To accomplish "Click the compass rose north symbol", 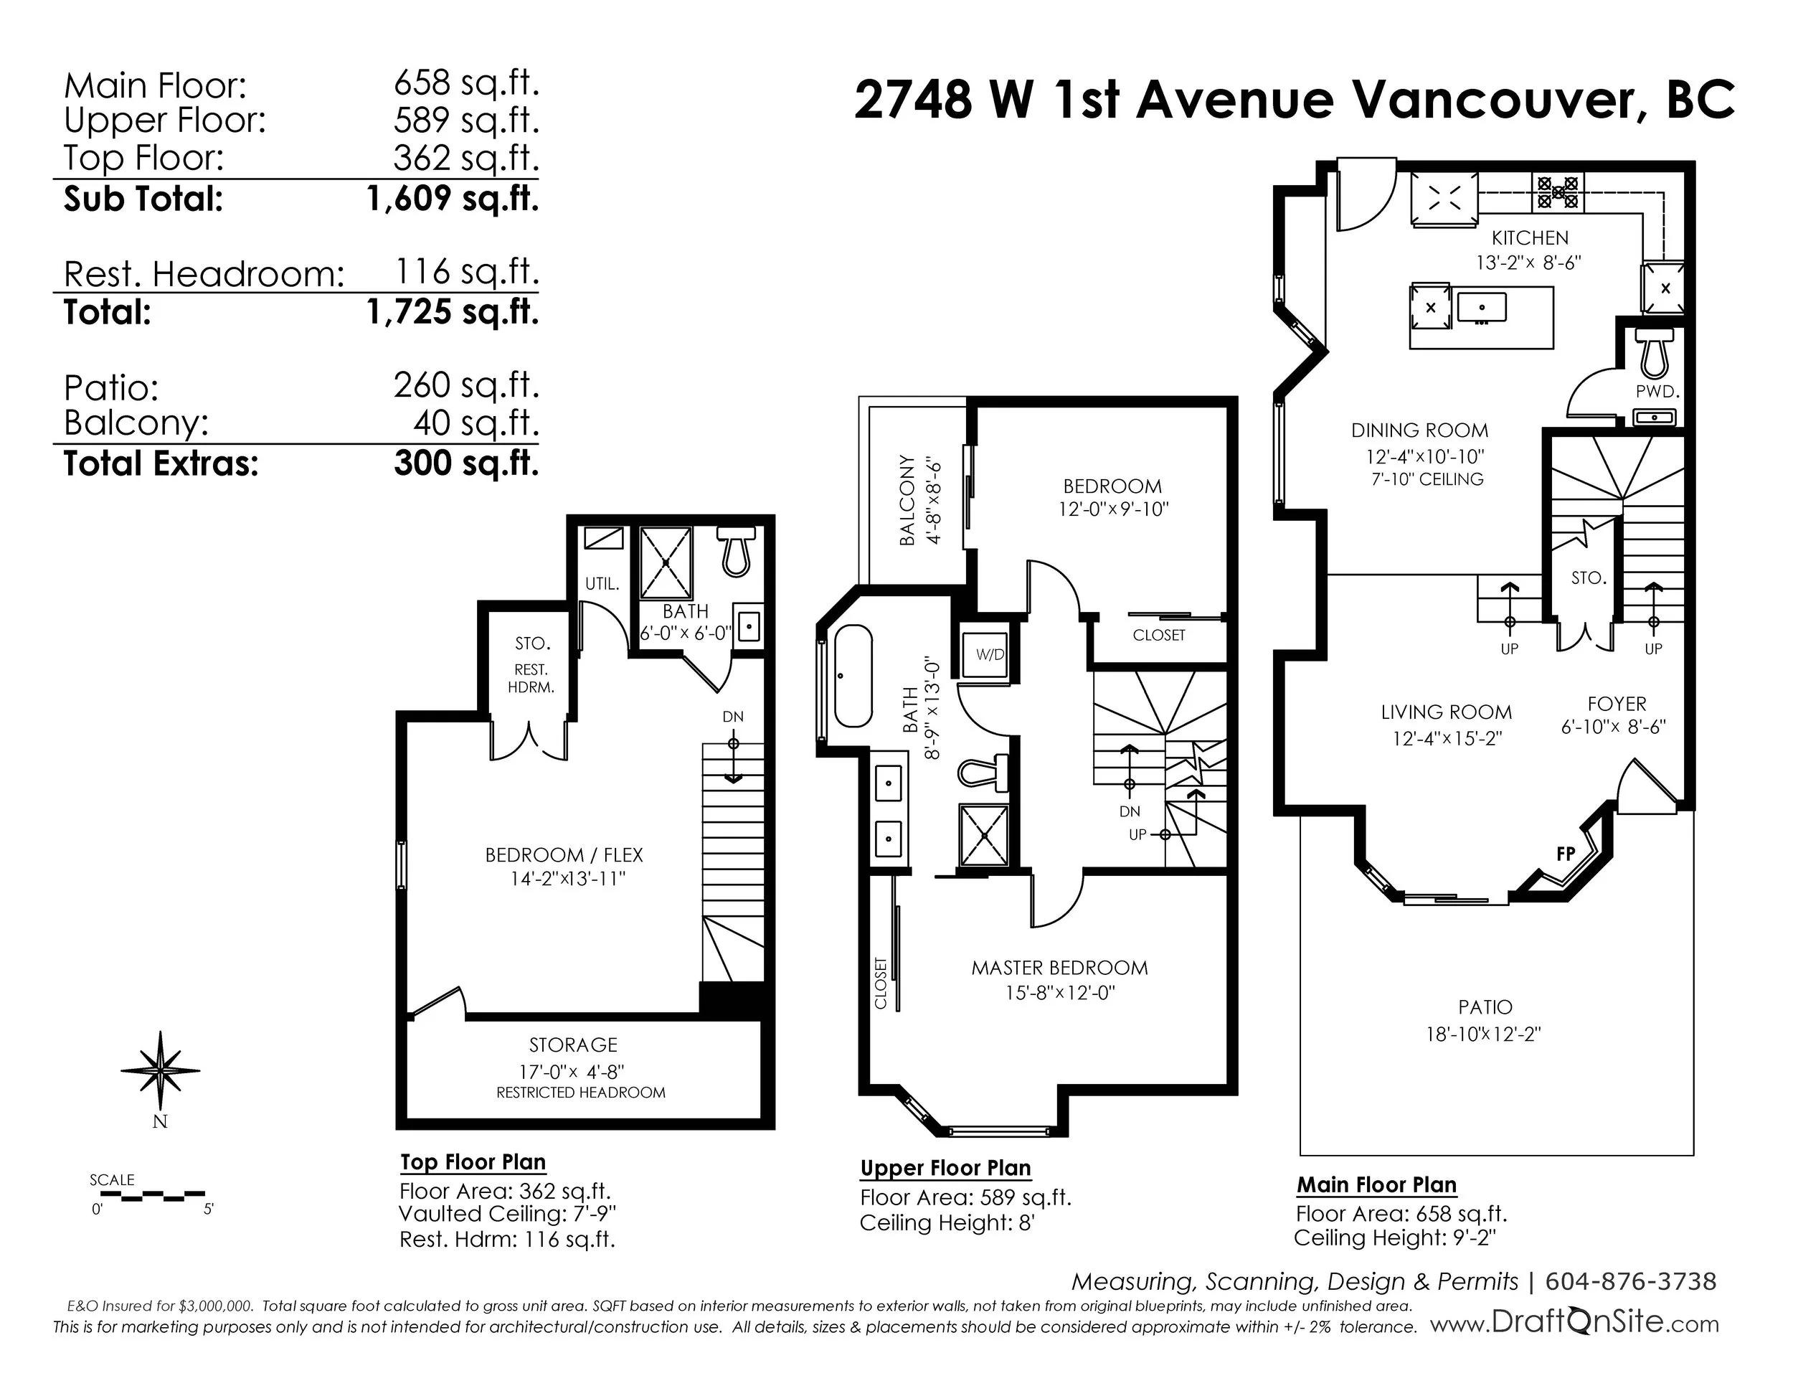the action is click(160, 1072).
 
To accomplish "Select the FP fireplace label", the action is click(1566, 854).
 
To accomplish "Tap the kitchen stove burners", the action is click(1557, 193).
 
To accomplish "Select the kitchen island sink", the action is click(1482, 308).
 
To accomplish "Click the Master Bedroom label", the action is click(1059, 968).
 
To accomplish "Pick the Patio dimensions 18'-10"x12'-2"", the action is click(1483, 1034).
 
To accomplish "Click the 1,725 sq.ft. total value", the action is click(453, 312).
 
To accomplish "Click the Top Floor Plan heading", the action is click(473, 1163).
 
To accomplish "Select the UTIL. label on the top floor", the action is click(602, 584).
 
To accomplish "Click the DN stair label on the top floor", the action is click(733, 717).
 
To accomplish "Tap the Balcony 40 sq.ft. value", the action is click(476, 424).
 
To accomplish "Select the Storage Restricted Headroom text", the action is click(580, 1093).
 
